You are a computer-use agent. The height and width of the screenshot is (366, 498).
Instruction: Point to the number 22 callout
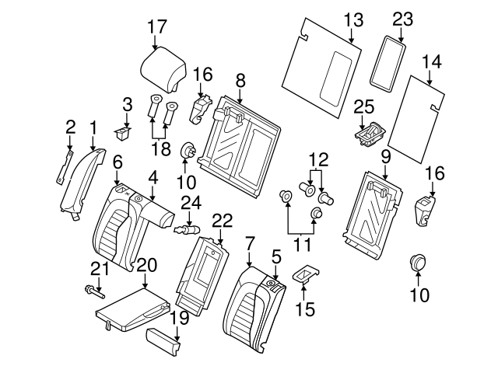pyautogui.click(x=223, y=221)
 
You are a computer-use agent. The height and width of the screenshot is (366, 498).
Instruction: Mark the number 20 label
pyautogui.click(x=146, y=266)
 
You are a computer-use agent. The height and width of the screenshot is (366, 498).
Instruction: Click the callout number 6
pyautogui.click(x=117, y=162)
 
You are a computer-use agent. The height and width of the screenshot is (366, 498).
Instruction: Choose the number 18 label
pyautogui.click(x=160, y=147)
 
